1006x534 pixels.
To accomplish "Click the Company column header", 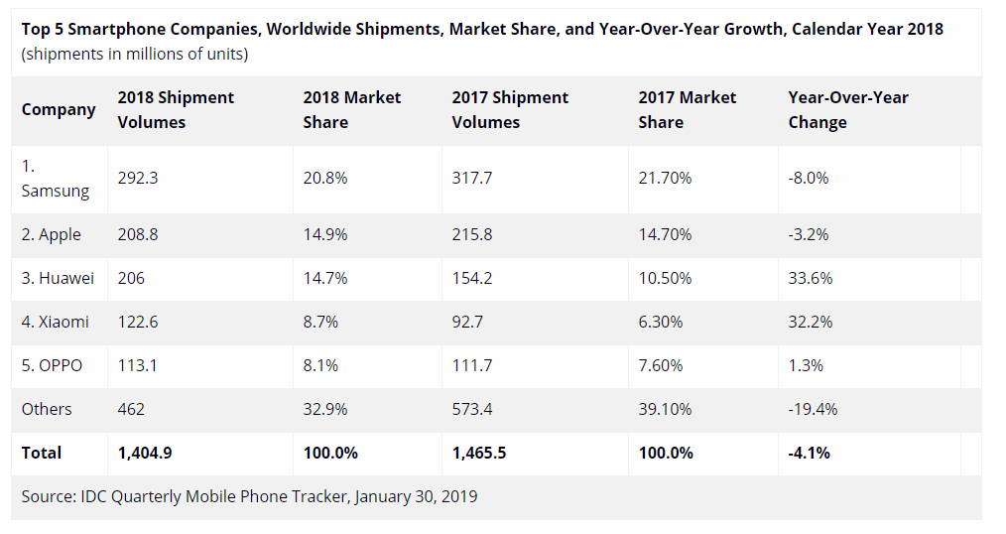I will (x=59, y=109).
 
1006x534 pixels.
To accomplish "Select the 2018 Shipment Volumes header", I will (x=176, y=109).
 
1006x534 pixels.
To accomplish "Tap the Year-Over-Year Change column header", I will (x=848, y=109).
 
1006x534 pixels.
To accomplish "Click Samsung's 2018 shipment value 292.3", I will (x=138, y=179).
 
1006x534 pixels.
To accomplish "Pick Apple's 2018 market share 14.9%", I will (x=325, y=234).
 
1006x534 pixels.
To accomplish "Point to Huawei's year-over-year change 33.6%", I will (x=811, y=278).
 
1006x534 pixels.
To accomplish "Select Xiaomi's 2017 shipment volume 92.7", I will (x=471, y=322).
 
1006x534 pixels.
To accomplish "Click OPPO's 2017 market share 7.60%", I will (x=661, y=365).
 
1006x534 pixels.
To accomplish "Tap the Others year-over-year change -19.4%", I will (x=814, y=409).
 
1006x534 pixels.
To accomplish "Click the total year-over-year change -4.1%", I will (x=809, y=453).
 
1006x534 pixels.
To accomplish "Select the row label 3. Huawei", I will (x=59, y=278).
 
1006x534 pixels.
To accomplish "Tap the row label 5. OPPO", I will (x=53, y=365).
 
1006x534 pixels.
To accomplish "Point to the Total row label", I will (x=42, y=453).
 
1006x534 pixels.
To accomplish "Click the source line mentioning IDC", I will (x=249, y=495).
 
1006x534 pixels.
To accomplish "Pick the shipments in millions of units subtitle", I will (x=135, y=54).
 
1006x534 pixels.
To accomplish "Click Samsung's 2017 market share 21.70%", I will (x=666, y=179).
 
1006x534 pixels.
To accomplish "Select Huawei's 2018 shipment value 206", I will (x=131, y=278).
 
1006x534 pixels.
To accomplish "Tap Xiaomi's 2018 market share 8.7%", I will (x=322, y=322).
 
